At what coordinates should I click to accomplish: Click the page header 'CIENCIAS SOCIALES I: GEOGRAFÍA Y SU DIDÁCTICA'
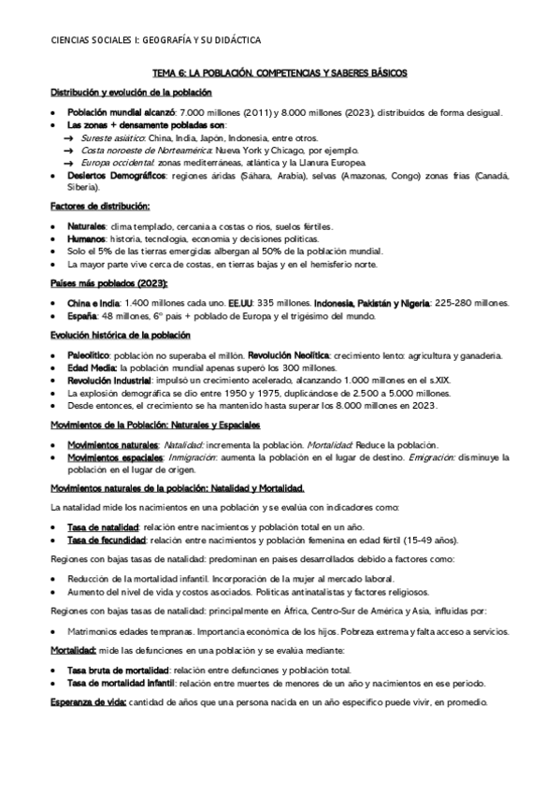[155, 40]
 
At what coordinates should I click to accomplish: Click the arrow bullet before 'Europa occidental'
[68, 162]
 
